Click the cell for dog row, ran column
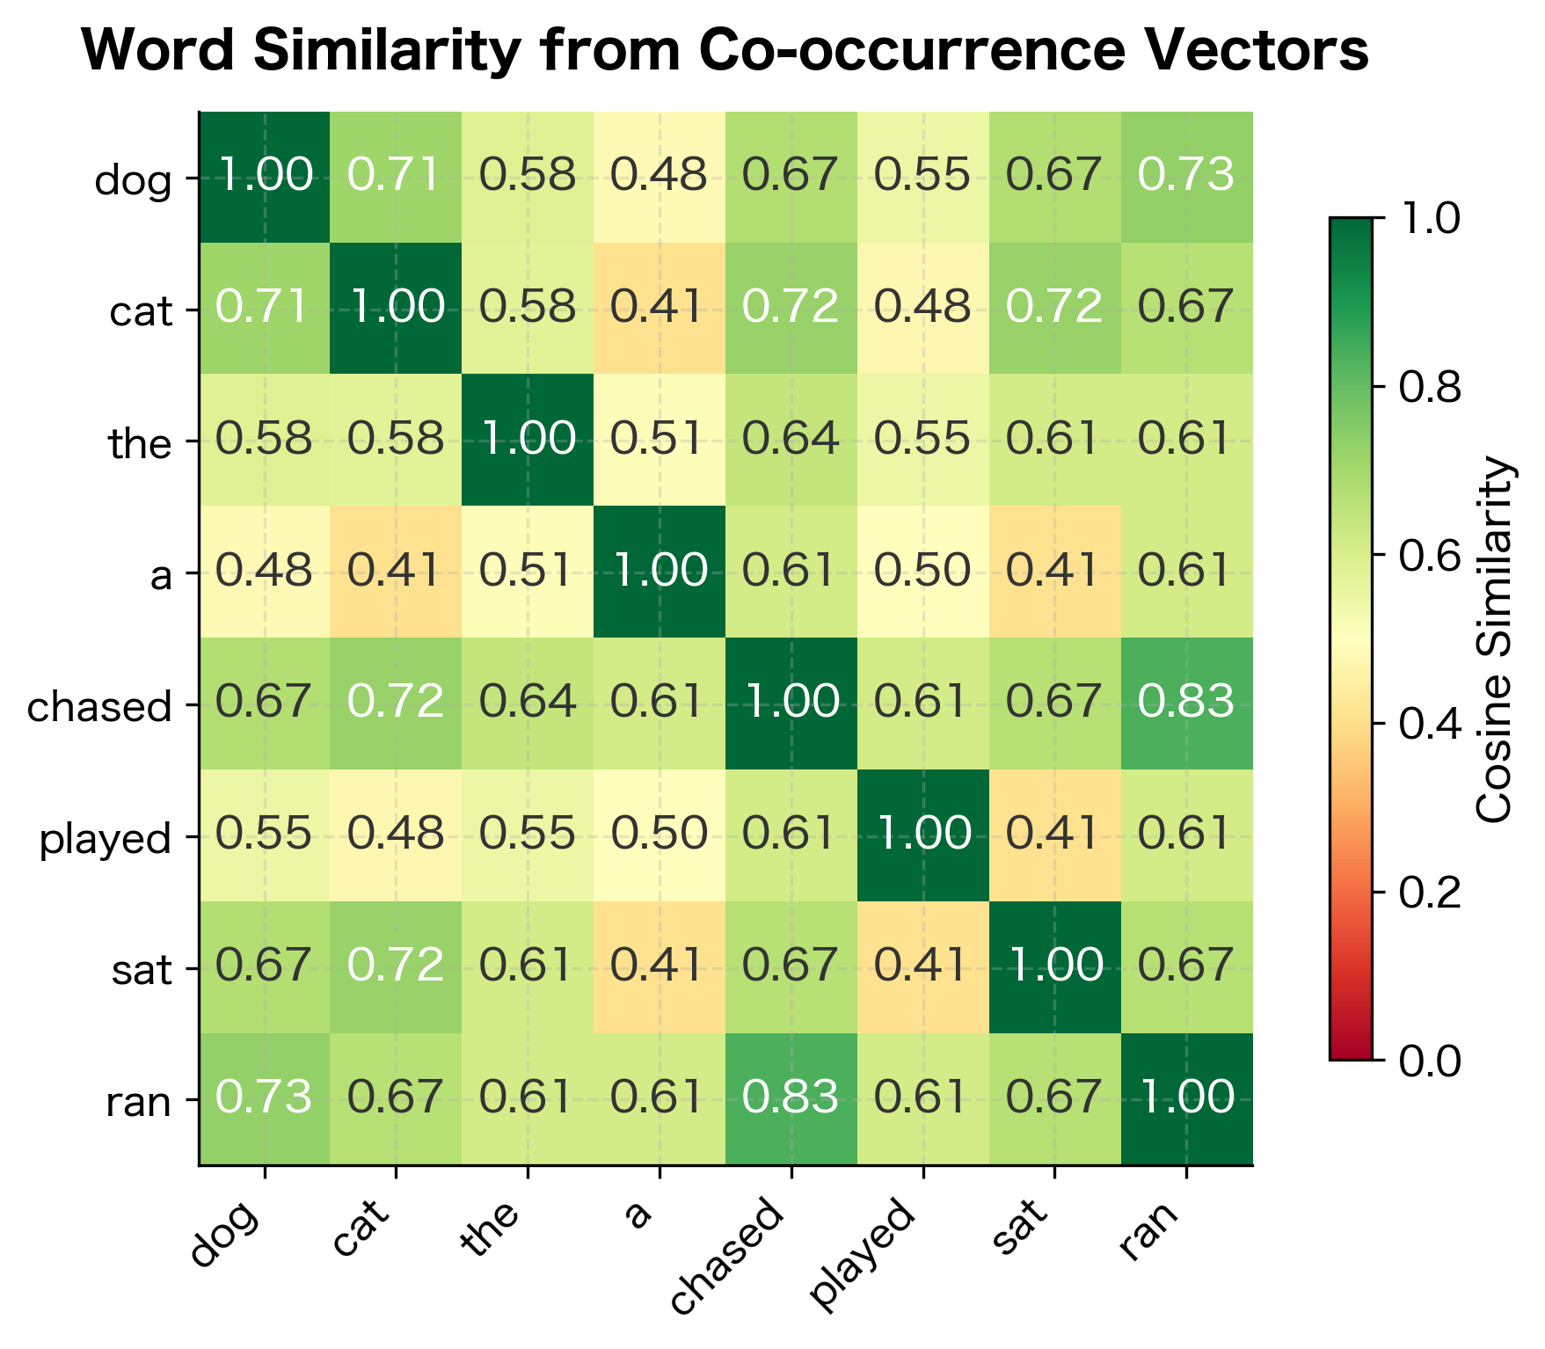pyautogui.click(x=1186, y=177)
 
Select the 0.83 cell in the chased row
pyautogui.click(x=1186, y=704)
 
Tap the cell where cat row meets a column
pyautogui.click(x=660, y=308)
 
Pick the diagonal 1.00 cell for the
pyautogui.click(x=528, y=440)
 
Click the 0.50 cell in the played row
pyautogui.click(x=660, y=835)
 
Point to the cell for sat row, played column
pyautogui.click(x=923, y=966)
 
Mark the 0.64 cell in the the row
pyautogui.click(x=791, y=440)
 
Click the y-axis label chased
pyautogui.click(x=99, y=707)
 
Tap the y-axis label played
pyautogui.click(x=106, y=840)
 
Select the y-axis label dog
pyautogui.click(x=133, y=182)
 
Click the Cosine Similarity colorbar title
pyautogui.click(x=1494, y=639)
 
